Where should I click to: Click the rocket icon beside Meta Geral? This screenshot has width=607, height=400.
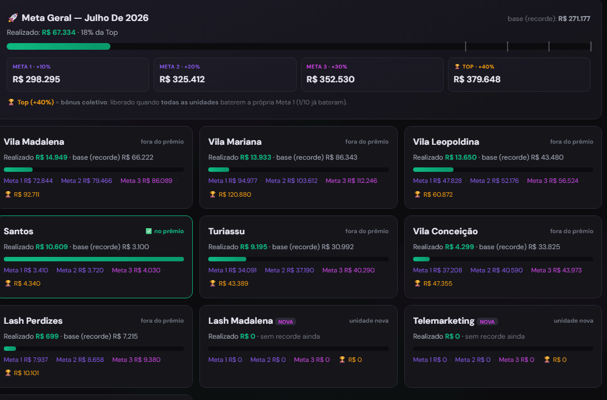[x=13, y=18]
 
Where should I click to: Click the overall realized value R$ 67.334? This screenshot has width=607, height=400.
[x=59, y=33]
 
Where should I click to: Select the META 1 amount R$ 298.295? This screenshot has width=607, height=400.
[x=36, y=80]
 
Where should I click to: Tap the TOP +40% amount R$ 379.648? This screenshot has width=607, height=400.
[x=477, y=80]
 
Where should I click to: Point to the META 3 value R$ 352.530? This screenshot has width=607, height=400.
[x=330, y=80]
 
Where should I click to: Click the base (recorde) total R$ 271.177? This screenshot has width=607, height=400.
[x=574, y=19]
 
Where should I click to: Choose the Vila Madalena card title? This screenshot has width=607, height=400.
[x=34, y=142]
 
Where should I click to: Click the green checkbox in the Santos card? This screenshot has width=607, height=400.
[x=149, y=231]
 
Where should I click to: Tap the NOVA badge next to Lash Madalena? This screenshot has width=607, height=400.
[x=286, y=322]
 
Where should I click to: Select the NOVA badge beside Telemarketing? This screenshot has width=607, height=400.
[x=487, y=322]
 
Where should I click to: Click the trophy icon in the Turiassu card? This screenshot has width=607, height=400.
[x=213, y=283]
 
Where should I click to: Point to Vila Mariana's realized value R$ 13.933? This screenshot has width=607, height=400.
[x=256, y=157]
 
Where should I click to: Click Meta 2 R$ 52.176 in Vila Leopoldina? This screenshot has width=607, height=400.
[x=494, y=181]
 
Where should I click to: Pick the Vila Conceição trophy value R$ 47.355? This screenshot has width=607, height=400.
[x=438, y=283]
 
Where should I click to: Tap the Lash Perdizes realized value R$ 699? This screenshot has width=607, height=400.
[x=47, y=336]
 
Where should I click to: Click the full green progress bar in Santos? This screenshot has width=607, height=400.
[x=94, y=259]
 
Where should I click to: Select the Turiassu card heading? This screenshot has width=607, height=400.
[x=226, y=231]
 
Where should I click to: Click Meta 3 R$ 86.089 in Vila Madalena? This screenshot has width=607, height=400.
[x=146, y=181]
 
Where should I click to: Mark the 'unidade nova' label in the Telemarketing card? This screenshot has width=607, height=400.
[x=573, y=320]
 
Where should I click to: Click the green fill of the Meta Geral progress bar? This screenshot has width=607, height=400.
[x=59, y=46]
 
